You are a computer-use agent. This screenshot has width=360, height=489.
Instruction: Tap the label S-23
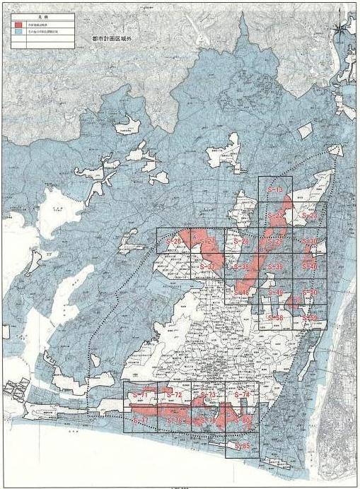click(309, 216)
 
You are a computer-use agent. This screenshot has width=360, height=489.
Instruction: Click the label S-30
click(309, 242)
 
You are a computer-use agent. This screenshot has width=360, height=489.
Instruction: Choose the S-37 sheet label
click(207, 266)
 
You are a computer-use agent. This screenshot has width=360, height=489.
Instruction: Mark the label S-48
click(240, 292)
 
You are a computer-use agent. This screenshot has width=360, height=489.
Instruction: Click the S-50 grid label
click(309, 292)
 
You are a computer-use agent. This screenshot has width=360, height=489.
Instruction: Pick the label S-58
click(276, 318)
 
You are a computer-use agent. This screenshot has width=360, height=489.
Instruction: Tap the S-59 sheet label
click(309, 318)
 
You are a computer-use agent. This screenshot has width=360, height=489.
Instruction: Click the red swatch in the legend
click(17, 24)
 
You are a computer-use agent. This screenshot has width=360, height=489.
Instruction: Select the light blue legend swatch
click(17, 33)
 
